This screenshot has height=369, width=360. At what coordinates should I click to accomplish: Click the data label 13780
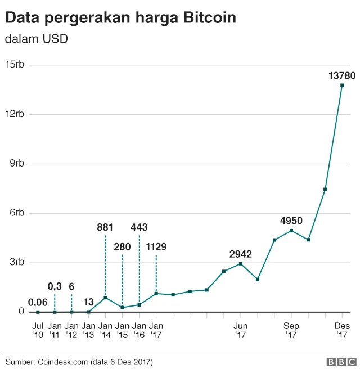[341, 75]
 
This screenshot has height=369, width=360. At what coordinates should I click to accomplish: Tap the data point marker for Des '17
[342, 85]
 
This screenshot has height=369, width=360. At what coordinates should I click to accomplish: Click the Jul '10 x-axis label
[38, 330]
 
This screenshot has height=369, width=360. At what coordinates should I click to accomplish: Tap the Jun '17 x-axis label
[241, 330]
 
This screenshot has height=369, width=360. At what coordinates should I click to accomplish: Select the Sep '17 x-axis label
[291, 330]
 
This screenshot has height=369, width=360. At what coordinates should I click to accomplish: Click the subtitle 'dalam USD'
[36, 39]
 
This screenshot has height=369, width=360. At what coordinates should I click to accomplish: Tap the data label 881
[105, 227]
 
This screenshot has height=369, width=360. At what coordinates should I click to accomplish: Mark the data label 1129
[156, 246]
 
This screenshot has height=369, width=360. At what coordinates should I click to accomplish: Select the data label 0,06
[38, 302]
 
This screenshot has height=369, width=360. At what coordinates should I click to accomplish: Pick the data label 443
[139, 227]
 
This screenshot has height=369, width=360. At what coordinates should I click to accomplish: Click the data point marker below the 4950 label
[291, 231]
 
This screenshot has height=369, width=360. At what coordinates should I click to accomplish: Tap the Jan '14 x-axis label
[105, 330]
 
